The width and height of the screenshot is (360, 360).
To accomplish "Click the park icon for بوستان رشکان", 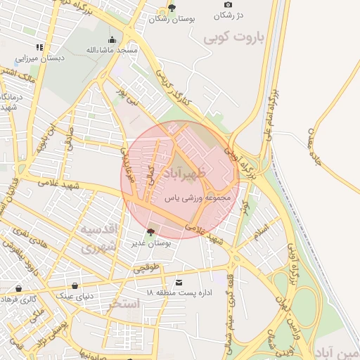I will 171,8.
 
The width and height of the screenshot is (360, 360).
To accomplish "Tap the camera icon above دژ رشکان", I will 227,5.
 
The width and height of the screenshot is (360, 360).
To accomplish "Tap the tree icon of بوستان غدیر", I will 149,232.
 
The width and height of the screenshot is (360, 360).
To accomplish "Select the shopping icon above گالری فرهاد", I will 18,288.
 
